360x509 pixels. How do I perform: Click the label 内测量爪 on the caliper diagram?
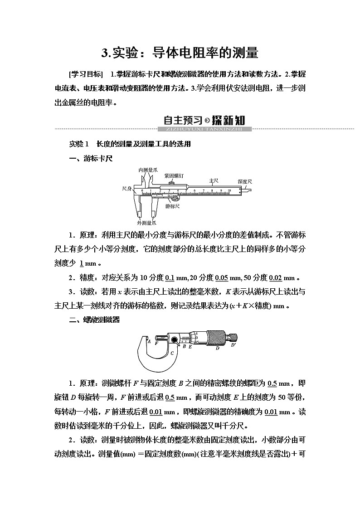tap(148, 170)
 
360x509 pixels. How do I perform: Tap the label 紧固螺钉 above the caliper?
tap(174, 175)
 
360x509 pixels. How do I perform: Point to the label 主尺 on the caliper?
tap(214, 180)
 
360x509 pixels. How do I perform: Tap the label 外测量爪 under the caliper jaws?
tap(147, 223)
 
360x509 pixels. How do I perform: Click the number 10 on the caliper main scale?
tap(229, 190)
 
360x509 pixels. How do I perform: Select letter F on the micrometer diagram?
tap(156, 344)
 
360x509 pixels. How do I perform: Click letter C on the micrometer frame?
tap(171, 352)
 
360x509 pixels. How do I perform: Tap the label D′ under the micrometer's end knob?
tap(234, 345)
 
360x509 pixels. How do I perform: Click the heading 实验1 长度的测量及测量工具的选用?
tap(130, 144)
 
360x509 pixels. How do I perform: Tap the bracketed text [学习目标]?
tap(85, 74)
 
